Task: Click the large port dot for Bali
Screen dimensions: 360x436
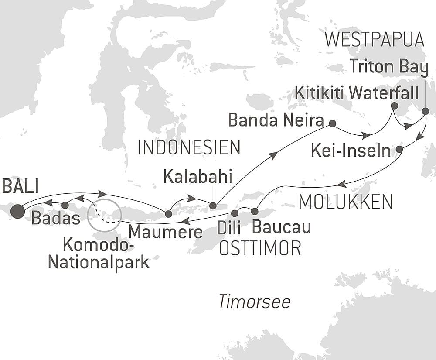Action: click(18, 211)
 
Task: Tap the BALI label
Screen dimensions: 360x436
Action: click(20, 186)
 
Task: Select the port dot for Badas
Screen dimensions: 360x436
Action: click(65, 205)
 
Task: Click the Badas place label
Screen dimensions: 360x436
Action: click(56, 218)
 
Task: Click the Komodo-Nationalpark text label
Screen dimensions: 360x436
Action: click(99, 254)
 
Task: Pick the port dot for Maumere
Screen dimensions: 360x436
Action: click(168, 213)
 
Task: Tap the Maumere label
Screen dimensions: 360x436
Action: click(166, 231)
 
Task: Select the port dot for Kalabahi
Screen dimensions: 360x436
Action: click(212, 206)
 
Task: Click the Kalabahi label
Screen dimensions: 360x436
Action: click(198, 177)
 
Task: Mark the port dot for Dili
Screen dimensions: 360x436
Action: click(235, 213)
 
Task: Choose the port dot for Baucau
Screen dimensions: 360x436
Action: click(255, 212)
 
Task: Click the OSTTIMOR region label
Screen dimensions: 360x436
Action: click(260, 248)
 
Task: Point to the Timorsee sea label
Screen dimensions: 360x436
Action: click(254, 302)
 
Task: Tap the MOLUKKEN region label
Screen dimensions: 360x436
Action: click(345, 202)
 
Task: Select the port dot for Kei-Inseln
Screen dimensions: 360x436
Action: click(399, 150)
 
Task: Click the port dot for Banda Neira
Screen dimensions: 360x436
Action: click(332, 123)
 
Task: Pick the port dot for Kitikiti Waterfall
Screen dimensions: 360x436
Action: click(394, 106)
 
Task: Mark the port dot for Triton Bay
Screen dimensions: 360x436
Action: click(426, 110)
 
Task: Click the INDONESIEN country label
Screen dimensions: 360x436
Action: click(189, 148)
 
